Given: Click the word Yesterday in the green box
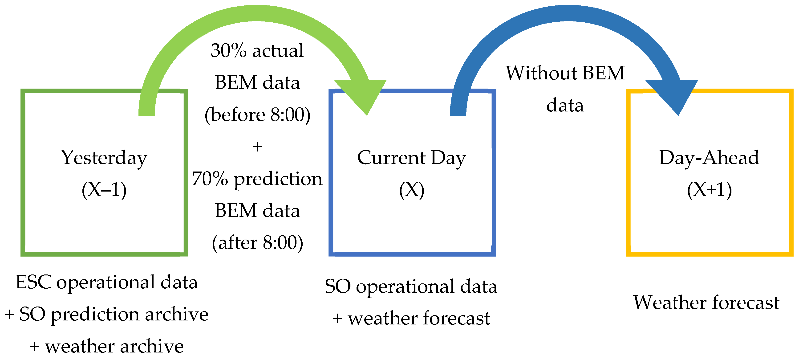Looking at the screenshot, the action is [104, 158].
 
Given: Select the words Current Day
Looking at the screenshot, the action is [412, 158].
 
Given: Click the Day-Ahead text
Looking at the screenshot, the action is [709, 158].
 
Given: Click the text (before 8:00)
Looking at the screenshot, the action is [257, 115].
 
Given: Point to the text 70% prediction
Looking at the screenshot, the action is [257, 179].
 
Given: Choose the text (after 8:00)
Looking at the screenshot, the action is [257, 243].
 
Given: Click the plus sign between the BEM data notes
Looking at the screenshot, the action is [257, 147].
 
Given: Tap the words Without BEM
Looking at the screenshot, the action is [565, 73].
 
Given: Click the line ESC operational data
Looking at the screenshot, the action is [107, 282].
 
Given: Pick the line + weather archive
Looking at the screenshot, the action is [106, 346].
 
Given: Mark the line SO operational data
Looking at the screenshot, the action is [411, 286].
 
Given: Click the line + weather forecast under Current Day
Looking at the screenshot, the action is [411, 318].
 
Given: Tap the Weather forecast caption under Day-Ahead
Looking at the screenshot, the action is [706, 302].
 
